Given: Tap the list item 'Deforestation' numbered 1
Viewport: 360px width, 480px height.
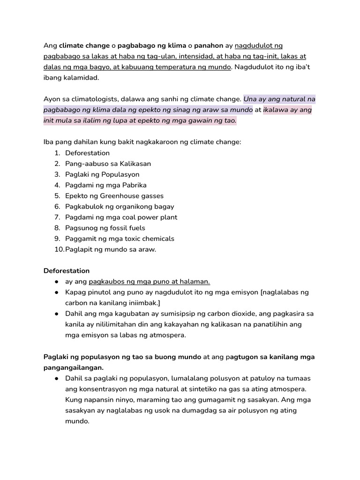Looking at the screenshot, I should coord(87,153).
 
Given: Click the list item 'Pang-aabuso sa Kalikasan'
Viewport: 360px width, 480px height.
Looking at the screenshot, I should coord(108,164).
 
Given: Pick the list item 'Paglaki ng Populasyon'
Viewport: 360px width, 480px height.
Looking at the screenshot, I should coord(102,174).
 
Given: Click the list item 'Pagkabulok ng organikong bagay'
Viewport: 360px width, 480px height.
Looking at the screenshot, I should coord(120,207).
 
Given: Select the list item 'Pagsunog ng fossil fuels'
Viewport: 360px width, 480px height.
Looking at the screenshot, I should coord(105,228).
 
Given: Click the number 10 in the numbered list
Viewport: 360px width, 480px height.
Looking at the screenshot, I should coord(59,249).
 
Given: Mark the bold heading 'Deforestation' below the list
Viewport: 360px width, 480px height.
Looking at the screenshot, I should coord(66,271).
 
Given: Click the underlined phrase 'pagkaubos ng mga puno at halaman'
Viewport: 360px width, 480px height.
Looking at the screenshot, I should coord(149,282).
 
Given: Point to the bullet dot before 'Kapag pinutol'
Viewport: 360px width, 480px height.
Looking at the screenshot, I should coord(56,292).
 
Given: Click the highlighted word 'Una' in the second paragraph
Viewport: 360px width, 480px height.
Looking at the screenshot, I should coord(250,99).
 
